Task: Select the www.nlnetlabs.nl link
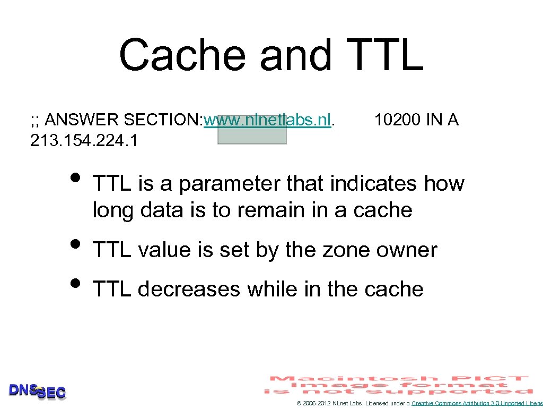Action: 268,120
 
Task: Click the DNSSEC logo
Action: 37,391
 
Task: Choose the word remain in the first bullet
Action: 273,210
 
